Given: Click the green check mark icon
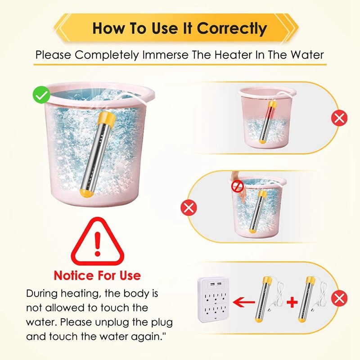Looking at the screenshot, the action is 41,95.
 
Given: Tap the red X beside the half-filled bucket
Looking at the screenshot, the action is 339,118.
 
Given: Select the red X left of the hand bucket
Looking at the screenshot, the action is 189,207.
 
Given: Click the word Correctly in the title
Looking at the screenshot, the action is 232,28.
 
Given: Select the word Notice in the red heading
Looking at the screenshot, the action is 73,275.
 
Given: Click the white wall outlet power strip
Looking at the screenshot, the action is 213,300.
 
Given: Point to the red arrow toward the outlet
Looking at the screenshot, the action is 244,302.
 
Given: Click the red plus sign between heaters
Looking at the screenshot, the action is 292,302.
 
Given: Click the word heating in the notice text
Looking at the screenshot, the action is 81,294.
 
